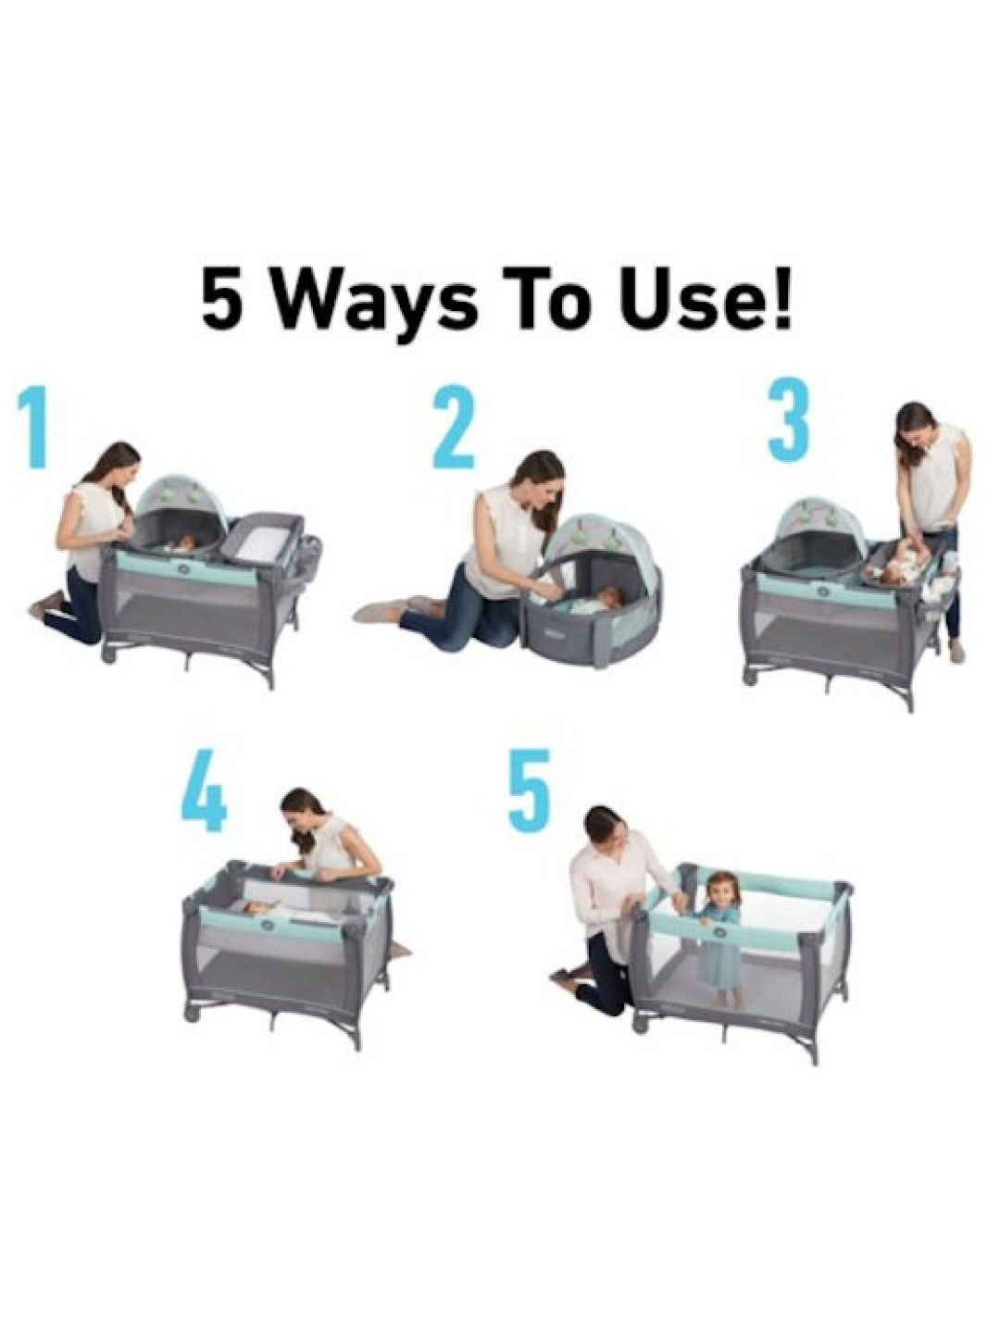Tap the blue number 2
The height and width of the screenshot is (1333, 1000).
454,429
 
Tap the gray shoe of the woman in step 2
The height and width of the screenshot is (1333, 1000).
381,610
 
